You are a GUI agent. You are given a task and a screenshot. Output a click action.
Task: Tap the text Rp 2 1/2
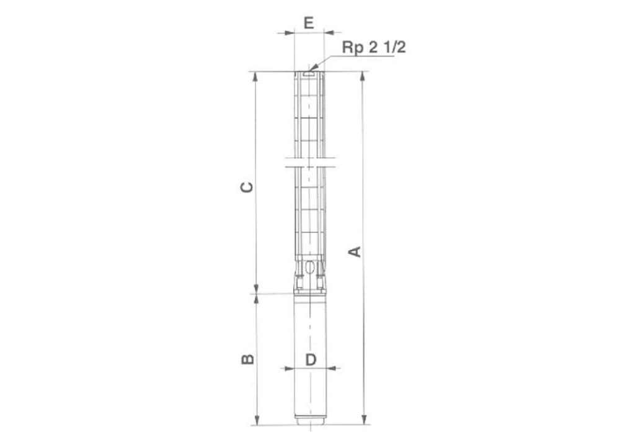[374, 48]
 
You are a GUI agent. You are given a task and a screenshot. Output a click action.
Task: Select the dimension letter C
[247, 188]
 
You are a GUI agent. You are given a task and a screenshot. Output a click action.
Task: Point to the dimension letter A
[355, 251]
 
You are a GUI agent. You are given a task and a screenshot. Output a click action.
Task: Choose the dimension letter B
[247, 359]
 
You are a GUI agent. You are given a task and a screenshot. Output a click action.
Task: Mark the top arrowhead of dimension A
[363, 76]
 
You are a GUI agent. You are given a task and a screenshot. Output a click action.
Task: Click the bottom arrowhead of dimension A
[363, 420]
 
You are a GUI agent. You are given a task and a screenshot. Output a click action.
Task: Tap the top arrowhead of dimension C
[255, 76]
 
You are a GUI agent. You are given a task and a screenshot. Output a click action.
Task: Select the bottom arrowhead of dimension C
[255, 289]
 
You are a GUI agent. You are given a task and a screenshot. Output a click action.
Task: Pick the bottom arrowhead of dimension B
[255, 421]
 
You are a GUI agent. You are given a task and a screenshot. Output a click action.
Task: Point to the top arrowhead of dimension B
[255, 299]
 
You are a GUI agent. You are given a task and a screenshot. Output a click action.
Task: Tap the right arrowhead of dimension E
[330, 31]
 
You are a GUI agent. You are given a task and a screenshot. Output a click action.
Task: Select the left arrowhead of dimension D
[288, 369]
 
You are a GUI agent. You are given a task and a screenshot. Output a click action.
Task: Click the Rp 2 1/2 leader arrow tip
[312, 68]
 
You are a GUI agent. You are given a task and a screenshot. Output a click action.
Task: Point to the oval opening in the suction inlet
[309, 269]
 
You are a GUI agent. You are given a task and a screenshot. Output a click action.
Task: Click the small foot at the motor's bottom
[309, 425]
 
